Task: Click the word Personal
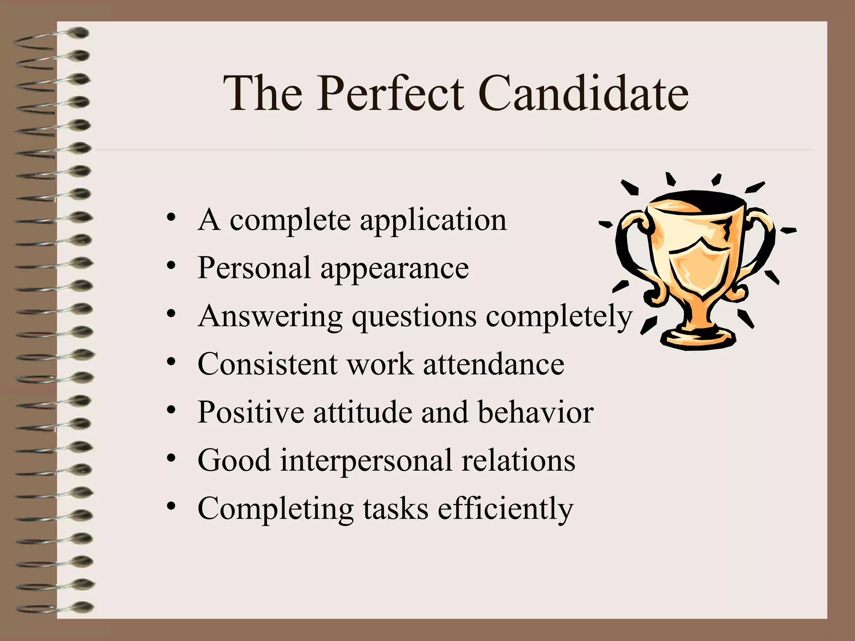[254, 268]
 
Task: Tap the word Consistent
[267, 364]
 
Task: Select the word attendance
[493, 364]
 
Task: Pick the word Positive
[250, 412]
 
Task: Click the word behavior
[535, 412]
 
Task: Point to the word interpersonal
[366, 461]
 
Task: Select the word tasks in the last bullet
[395, 509]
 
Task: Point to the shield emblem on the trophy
[700, 265]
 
